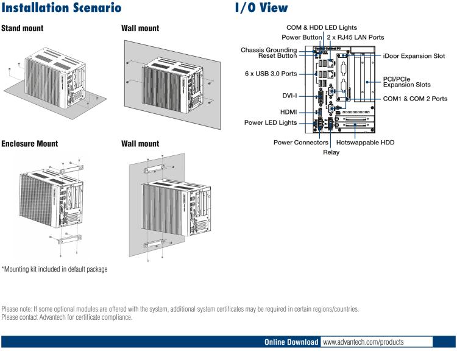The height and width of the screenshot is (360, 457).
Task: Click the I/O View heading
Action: coord(261,9)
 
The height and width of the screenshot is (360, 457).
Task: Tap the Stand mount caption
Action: coord(22,29)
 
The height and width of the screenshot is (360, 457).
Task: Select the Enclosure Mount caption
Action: coord(29,144)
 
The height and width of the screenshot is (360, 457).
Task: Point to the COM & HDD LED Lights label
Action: coord(322,27)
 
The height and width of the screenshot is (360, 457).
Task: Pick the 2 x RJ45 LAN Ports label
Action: coord(356,37)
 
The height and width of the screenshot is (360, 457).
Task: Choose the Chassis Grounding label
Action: coord(269,49)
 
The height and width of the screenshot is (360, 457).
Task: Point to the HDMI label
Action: coord(288,112)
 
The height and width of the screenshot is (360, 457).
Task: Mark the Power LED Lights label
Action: coord(271,122)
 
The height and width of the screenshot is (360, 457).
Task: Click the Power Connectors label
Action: coord(302,143)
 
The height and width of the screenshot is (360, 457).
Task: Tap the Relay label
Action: coord(331,152)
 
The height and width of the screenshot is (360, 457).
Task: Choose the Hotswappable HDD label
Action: coord(366,143)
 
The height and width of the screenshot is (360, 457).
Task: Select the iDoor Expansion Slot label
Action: coord(414,55)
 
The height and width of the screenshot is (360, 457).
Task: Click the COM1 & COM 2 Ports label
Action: coord(415,99)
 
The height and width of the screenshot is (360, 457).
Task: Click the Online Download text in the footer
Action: coord(291,342)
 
